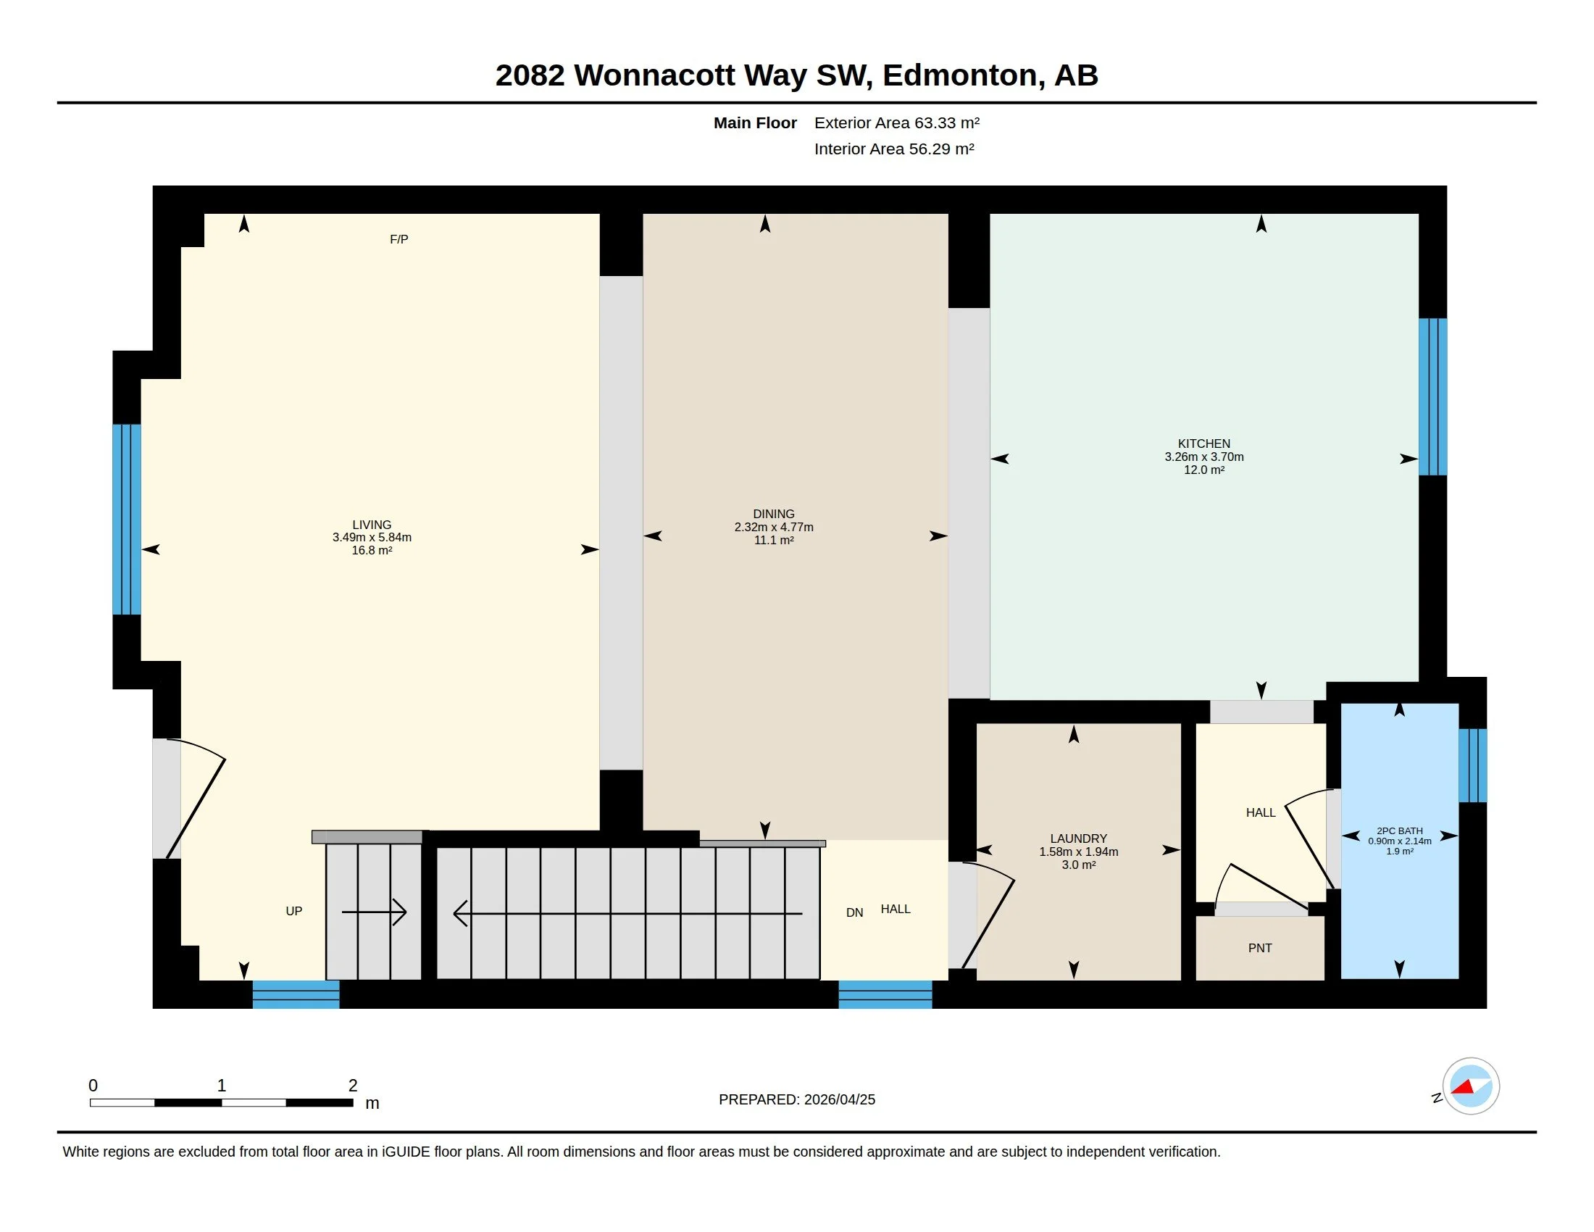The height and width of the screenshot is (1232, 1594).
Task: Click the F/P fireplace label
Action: (398, 239)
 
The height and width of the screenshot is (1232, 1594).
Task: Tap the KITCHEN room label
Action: (1203, 444)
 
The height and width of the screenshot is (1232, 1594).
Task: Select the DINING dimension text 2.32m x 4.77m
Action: (774, 527)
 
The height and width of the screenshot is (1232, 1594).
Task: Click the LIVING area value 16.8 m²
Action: (372, 550)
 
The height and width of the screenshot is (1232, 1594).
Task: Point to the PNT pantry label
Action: (1260, 948)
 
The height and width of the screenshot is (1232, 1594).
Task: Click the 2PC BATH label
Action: (1399, 831)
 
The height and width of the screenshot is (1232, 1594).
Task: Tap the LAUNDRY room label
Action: (1078, 838)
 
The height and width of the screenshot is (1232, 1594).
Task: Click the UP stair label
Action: (293, 911)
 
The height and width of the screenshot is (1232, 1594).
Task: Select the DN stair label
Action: (854, 912)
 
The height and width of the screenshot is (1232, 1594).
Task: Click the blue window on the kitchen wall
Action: (1432, 396)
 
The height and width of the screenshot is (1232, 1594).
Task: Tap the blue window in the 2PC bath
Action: (1472, 765)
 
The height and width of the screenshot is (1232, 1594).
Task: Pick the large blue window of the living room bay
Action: (126, 519)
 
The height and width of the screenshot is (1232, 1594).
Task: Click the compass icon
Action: (1470, 1086)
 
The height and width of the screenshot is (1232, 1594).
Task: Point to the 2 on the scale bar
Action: (354, 1086)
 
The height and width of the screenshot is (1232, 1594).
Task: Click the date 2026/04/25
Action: (839, 1099)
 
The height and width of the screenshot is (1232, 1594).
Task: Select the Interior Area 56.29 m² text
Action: (894, 149)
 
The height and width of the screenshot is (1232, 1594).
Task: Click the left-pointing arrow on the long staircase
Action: (627, 913)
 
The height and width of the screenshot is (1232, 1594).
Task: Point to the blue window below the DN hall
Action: (885, 994)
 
